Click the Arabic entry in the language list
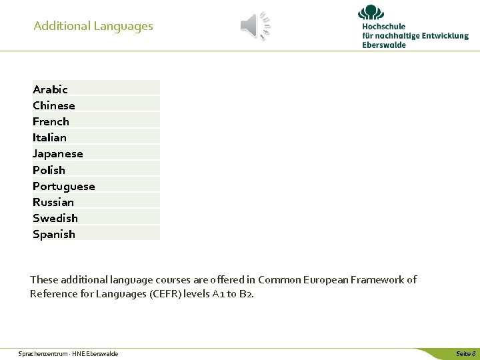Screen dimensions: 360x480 click(x=50, y=89)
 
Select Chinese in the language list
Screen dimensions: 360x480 click(x=53, y=105)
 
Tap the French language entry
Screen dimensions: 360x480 click(x=51, y=121)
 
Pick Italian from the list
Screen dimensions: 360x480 click(x=49, y=137)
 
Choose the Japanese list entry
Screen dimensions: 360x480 click(x=57, y=153)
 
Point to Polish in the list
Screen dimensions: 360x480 click(x=49, y=170)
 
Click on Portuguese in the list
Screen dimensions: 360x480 click(x=63, y=186)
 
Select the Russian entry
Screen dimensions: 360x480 click(x=53, y=202)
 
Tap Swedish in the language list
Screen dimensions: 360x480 click(x=55, y=218)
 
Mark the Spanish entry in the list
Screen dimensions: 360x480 click(x=53, y=234)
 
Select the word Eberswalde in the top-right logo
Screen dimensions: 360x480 click(x=384, y=45)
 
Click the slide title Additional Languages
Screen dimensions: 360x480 click(x=93, y=26)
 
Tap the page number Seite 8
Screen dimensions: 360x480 click(x=465, y=353)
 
